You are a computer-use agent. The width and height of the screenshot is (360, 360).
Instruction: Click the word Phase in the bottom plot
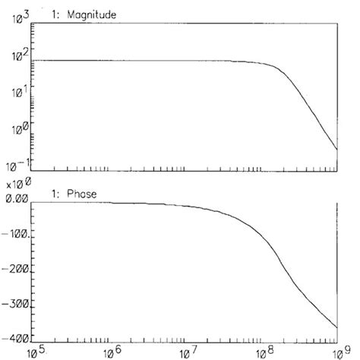click(82, 192)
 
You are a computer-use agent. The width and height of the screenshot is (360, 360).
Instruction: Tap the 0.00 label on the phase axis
click(17, 198)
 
